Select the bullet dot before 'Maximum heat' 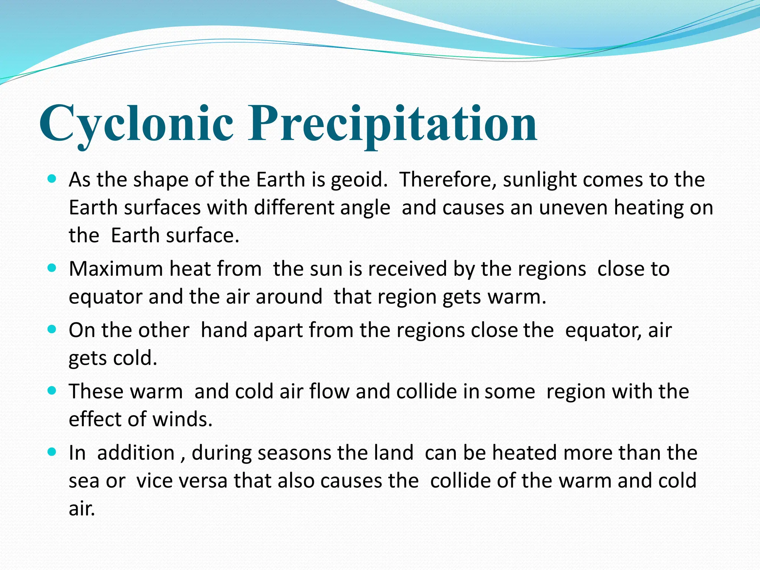point(52,268)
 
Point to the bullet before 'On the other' point(52,329)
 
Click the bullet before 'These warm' point(52,390)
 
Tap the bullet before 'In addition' point(52,452)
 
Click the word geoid point(358,180)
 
